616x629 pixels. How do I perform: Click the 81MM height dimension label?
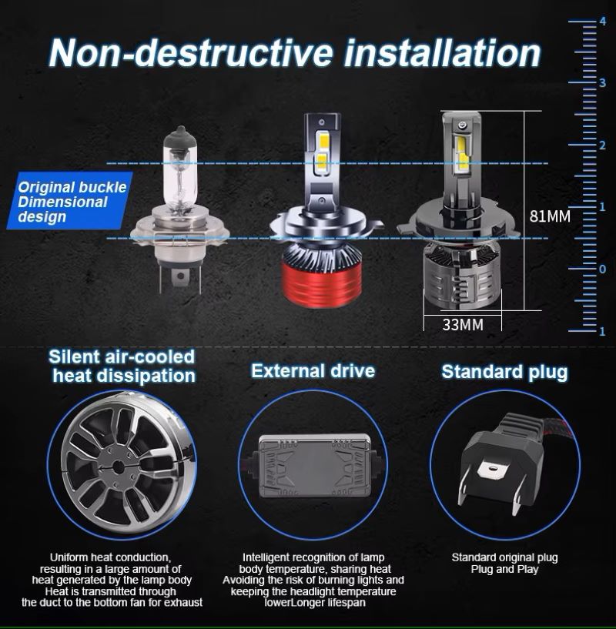point(549,216)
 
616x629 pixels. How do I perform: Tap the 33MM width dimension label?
point(463,325)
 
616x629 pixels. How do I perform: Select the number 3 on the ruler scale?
point(602,83)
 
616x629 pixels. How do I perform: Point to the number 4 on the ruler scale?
point(603,22)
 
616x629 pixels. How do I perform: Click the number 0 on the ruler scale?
point(602,269)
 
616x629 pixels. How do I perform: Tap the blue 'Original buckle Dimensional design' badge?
point(70,201)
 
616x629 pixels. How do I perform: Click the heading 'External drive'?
point(313,370)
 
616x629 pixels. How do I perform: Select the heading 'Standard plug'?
point(504,371)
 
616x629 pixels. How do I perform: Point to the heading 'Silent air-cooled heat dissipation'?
point(122,366)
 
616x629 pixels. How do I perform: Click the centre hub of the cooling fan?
point(119,467)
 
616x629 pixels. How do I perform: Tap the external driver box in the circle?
point(314,466)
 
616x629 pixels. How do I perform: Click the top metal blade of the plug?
point(492,470)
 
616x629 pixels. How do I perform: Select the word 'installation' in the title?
point(442,53)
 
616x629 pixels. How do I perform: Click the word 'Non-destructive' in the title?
point(191,53)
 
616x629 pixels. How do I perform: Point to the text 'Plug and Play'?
point(504,569)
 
